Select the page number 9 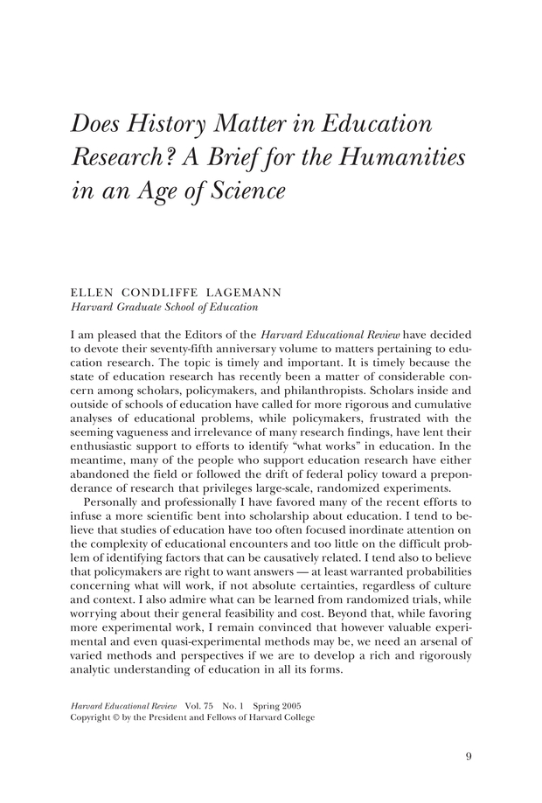pyautogui.click(x=468, y=757)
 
